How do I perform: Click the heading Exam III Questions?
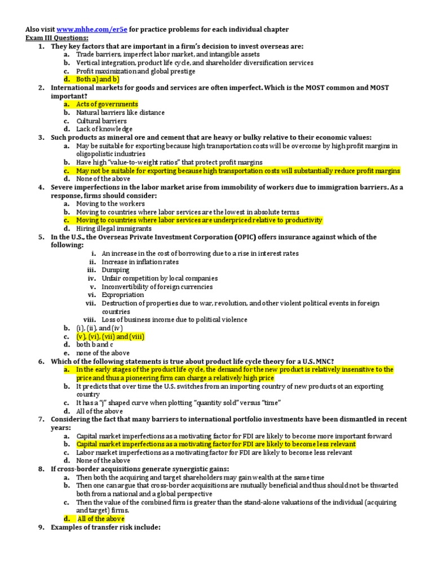[x=56, y=38]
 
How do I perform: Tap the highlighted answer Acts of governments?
[x=107, y=104]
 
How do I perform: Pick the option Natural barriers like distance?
[x=121, y=113]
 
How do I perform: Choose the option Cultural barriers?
[x=101, y=121]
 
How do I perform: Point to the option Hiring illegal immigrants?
[x=114, y=229]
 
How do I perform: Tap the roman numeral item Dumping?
[x=115, y=270]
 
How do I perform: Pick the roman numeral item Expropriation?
[x=123, y=295]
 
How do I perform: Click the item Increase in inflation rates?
[x=140, y=262]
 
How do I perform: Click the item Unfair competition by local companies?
[x=160, y=278]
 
